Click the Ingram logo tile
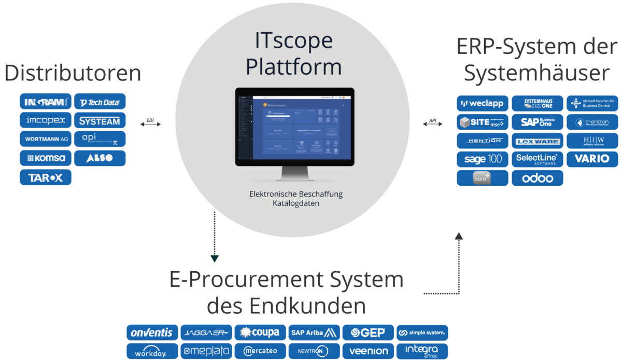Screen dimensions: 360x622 46,102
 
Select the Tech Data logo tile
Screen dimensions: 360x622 100,102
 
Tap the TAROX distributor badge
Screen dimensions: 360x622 46,177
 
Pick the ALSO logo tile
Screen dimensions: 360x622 100,158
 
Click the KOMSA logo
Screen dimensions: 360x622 46,158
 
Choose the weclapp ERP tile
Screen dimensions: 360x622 482,103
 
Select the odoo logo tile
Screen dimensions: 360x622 537,178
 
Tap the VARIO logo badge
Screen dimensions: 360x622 592,159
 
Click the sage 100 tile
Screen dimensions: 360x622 482,159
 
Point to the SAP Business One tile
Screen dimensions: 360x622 537,122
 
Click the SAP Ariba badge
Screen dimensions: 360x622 314,333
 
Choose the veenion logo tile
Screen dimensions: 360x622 369,351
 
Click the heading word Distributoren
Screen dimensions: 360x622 73,73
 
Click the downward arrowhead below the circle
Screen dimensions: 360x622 214,258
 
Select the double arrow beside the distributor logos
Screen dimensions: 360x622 150,123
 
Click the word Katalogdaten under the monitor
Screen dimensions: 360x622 296,204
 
